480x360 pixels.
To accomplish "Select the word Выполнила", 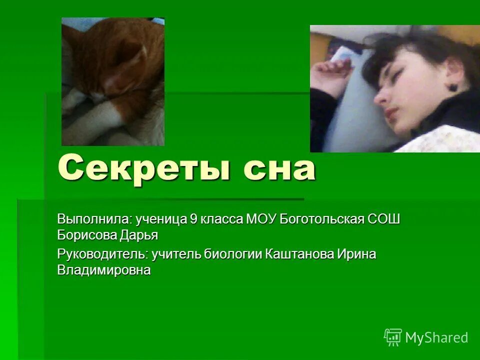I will [x=94, y=219].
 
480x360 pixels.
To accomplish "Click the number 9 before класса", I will [x=193, y=219].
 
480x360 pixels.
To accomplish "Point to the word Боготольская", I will [x=322, y=219].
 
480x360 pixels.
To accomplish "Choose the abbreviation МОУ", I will [x=261, y=219].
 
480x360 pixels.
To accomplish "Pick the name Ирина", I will [x=356, y=254].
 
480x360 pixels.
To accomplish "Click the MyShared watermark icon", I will [x=393, y=337].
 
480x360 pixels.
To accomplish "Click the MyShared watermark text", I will [x=436, y=337].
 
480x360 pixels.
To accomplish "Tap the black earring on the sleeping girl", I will [x=452, y=87].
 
